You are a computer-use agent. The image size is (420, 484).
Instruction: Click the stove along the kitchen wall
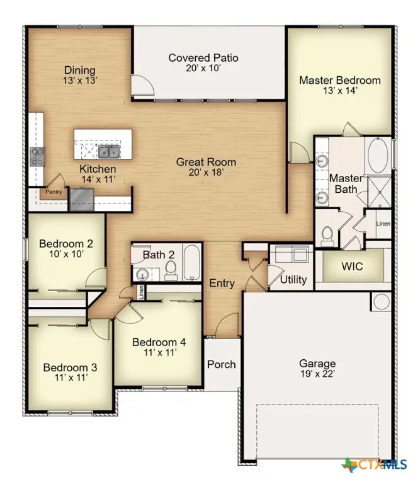coord(37,156)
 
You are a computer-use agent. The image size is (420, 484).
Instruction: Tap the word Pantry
coord(53,192)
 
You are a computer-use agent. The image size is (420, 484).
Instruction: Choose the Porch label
coord(222,364)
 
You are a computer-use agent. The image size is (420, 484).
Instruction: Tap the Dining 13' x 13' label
coord(79,75)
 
